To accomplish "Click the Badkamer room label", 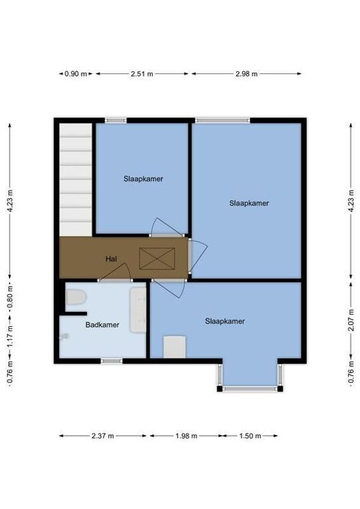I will pos(102,324).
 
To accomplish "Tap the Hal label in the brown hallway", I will pos(111,259).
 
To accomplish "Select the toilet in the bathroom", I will pos(75,297).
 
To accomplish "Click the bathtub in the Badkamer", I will pos(138,309).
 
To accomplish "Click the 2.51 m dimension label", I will pos(142,74).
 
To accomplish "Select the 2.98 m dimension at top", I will pos(246,74).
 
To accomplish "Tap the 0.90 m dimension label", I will pos(76,74).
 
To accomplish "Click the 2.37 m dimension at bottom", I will pos(102,436).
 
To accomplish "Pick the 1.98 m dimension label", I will pos(186,436).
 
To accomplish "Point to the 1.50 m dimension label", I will pos(250,436).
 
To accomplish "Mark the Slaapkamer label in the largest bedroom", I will pos(249,204).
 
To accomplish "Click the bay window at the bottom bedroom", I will pos(249,387).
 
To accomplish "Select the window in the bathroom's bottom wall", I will pos(111,361).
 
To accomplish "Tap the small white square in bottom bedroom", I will pos(174,347).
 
